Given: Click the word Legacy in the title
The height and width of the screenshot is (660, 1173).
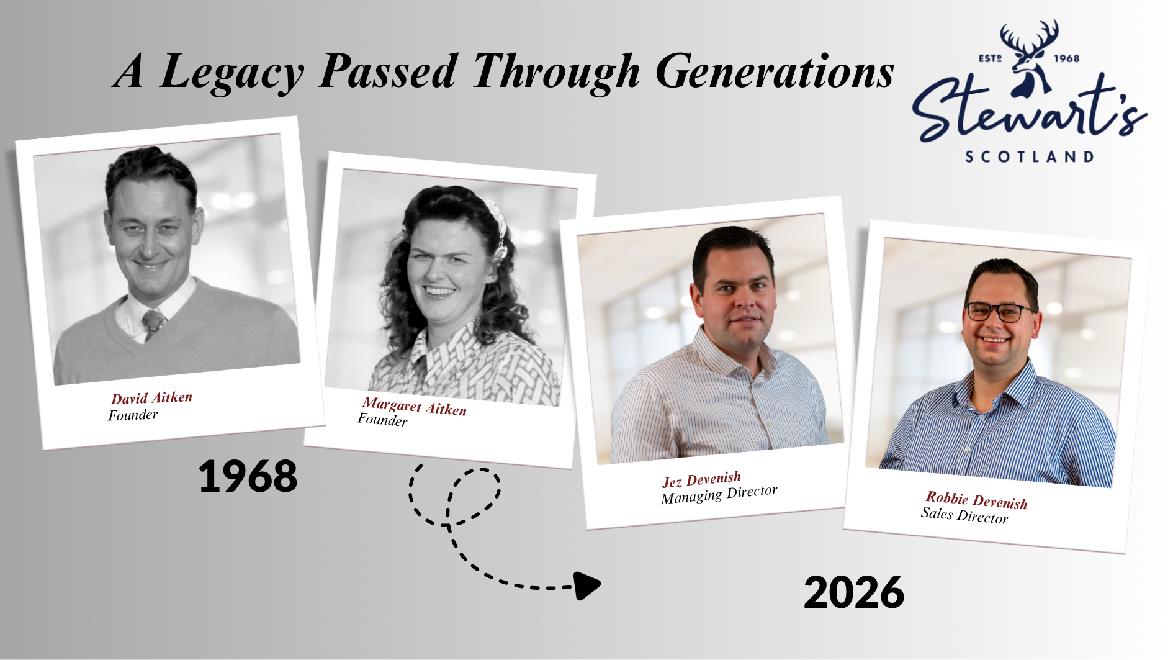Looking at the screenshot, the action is coord(231,73).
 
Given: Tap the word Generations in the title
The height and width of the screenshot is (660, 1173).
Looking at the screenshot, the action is coord(774,71).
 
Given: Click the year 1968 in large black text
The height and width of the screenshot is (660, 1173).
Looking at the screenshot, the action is coord(248,476).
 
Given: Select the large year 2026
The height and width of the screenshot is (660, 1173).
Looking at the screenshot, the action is coord(854,592).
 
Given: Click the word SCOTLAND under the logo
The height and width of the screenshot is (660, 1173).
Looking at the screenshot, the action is coord(1030,156).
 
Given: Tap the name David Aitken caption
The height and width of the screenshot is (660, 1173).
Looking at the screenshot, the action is coord(152,397).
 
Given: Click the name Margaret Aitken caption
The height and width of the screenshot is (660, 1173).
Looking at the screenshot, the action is coord(415,406).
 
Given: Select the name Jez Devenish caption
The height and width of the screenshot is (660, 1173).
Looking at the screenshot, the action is coord(701,479).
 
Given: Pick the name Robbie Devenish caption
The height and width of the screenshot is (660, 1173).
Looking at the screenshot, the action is coord(977,500).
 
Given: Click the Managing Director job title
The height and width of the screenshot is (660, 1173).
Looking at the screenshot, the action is coord(719,494).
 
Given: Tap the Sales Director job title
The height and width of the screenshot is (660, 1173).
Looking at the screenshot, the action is coord(964,515).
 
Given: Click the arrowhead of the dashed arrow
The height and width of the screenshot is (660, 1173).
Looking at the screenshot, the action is coord(586,585).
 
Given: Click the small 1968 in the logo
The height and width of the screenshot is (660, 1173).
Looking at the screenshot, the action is coord(1067,58).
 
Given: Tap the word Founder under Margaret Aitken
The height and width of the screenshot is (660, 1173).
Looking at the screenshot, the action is coord(382,420).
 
